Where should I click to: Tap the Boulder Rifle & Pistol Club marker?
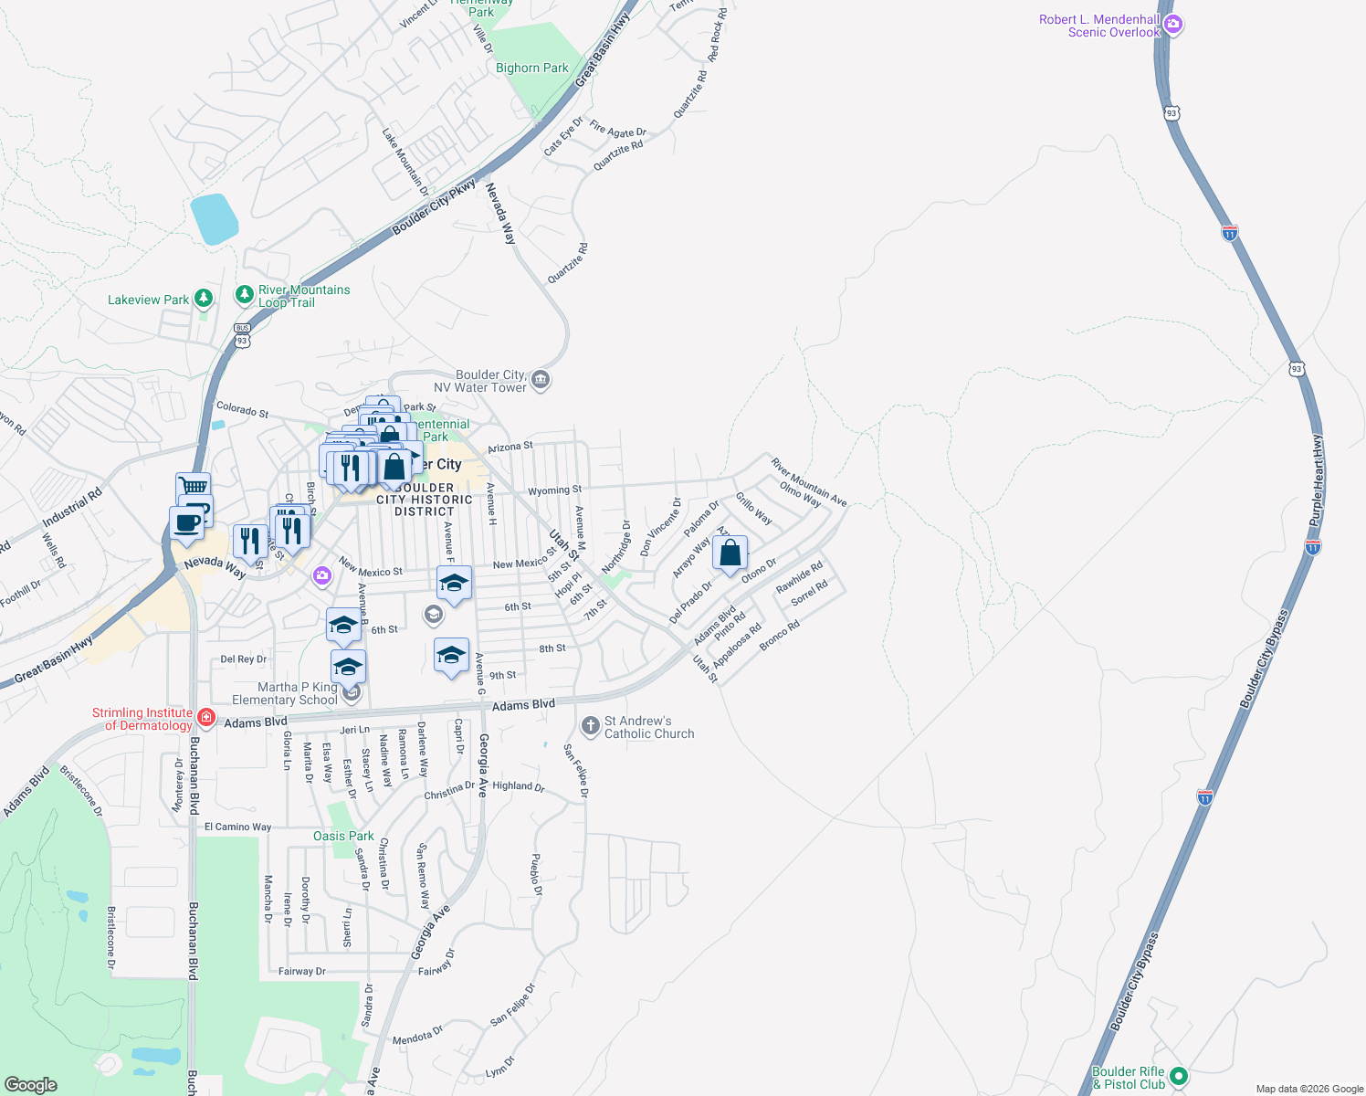[x=1178, y=1077]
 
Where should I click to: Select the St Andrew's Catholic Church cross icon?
[x=590, y=727]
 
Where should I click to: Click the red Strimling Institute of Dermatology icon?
[x=206, y=719]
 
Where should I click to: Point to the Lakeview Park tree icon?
[x=204, y=298]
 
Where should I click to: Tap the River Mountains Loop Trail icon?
[x=244, y=294]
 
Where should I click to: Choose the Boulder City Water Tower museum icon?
[x=540, y=379]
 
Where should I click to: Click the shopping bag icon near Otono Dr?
[x=730, y=553]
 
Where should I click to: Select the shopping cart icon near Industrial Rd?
[x=193, y=486]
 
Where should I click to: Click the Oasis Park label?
[x=343, y=836]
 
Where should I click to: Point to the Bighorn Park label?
[x=531, y=68]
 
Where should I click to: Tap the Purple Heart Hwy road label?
[x=1316, y=479]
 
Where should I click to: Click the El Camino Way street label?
[x=237, y=827]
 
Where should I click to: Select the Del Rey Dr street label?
[x=244, y=659]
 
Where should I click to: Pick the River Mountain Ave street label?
[x=809, y=482]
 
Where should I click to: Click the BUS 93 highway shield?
[x=241, y=334]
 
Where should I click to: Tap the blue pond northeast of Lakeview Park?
[x=214, y=219]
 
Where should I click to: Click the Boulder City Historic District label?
[x=425, y=500]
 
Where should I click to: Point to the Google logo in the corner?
[x=31, y=1084]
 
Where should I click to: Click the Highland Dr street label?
[x=518, y=785]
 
